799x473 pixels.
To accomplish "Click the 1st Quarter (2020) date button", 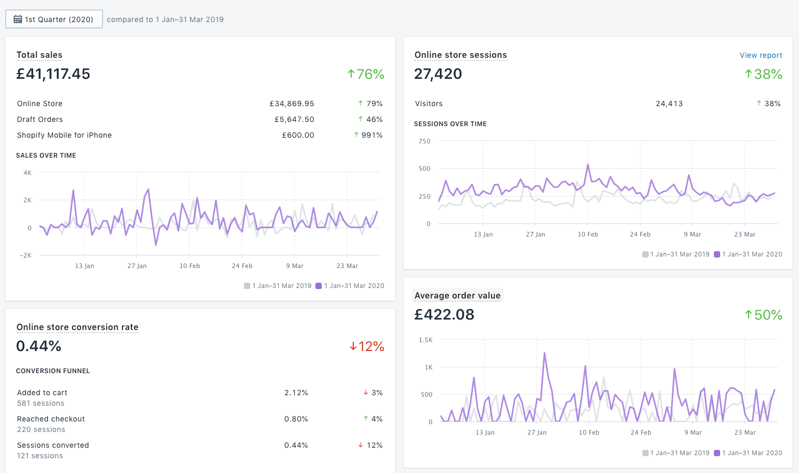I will coord(54,19).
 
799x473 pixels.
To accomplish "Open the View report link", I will coord(761,55).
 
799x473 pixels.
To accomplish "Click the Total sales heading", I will coord(39,55).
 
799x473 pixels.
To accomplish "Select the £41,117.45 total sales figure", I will coord(53,74).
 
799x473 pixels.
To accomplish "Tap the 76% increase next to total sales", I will coord(366,74).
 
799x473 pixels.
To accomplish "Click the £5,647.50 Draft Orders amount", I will coord(294,119).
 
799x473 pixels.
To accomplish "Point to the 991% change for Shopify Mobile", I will coord(368,135).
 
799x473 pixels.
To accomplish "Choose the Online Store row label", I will coord(39,104).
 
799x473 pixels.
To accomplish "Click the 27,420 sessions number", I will coord(438,74).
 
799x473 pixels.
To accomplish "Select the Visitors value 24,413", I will coord(669,104).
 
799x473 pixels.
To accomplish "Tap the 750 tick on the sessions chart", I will coord(424,141).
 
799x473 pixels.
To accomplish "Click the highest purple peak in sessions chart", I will coord(588,165).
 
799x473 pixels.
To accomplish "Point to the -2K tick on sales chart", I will coord(26,255).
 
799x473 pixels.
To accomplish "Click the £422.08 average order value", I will coord(444,315).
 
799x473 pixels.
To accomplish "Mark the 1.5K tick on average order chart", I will coord(425,340).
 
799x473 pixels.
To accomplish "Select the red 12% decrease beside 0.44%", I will coord(367,346).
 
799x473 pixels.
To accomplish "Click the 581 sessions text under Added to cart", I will coord(40,403).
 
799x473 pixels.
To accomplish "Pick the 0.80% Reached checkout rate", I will coord(296,419).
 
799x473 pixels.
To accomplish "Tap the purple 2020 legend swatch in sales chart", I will coord(318,286).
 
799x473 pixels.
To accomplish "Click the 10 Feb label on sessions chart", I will coord(587,234).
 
